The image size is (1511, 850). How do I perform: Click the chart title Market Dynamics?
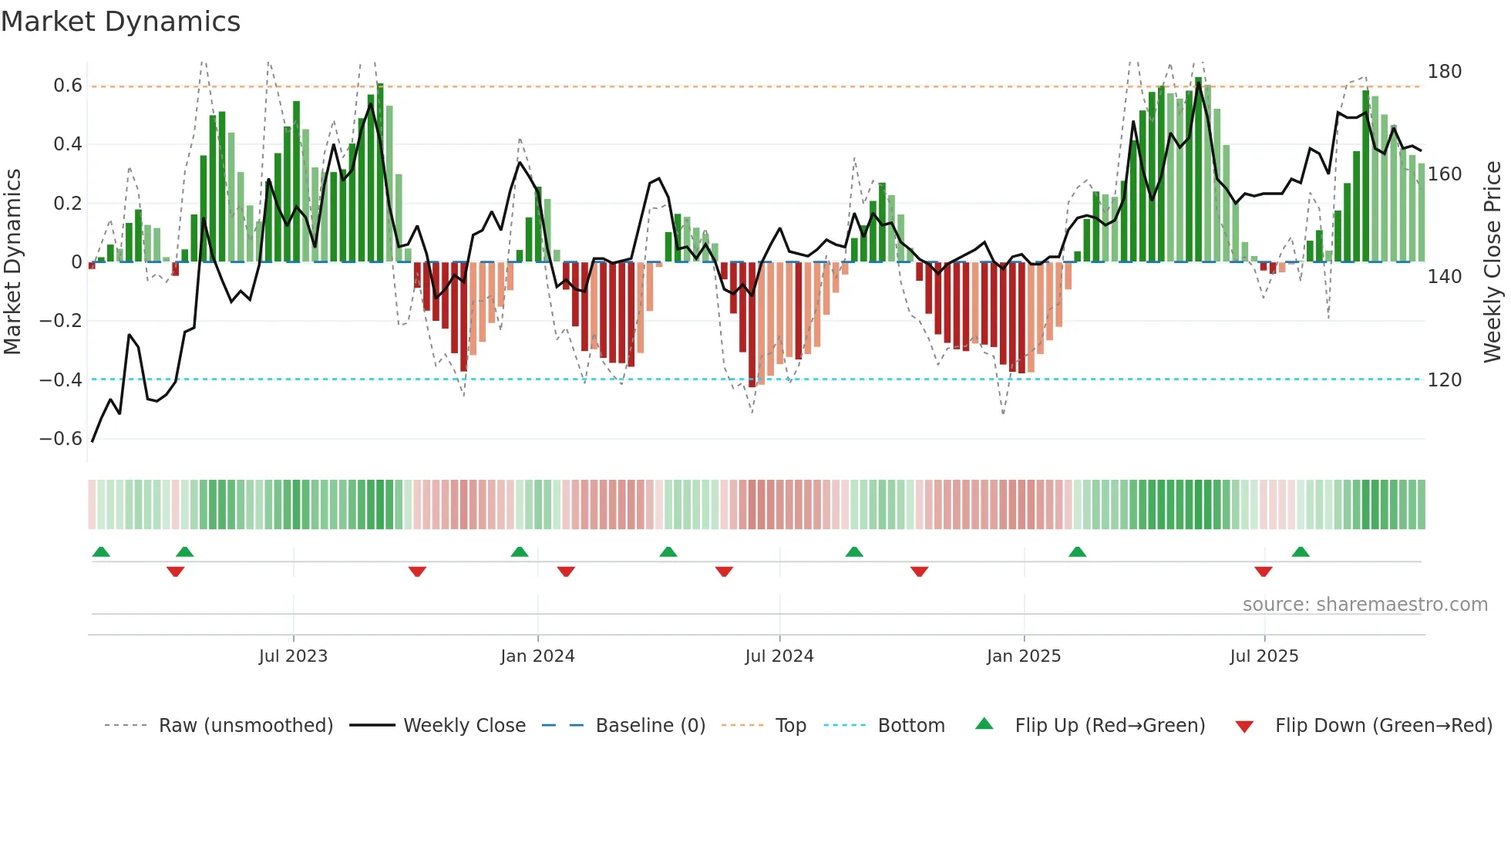tap(121, 22)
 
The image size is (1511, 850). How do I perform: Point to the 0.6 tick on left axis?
tap(68, 86)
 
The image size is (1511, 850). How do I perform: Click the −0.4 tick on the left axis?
tap(61, 379)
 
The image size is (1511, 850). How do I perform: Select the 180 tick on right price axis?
tap(1444, 72)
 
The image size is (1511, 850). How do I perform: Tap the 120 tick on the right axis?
tap(1444, 380)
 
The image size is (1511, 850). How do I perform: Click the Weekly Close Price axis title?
tap(1492, 262)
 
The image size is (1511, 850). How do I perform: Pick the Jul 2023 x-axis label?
tap(293, 656)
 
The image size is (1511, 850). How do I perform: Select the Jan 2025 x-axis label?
tap(1023, 656)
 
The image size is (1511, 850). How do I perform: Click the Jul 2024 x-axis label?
tap(779, 656)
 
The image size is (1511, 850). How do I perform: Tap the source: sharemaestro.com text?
tap(1365, 605)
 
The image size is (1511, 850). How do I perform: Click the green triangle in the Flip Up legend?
tap(984, 724)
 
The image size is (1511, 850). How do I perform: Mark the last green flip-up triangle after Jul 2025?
tap(1301, 552)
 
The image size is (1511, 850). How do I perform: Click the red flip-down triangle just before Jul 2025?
tap(1263, 572)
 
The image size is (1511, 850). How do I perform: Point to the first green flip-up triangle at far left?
tap(101, 552)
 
